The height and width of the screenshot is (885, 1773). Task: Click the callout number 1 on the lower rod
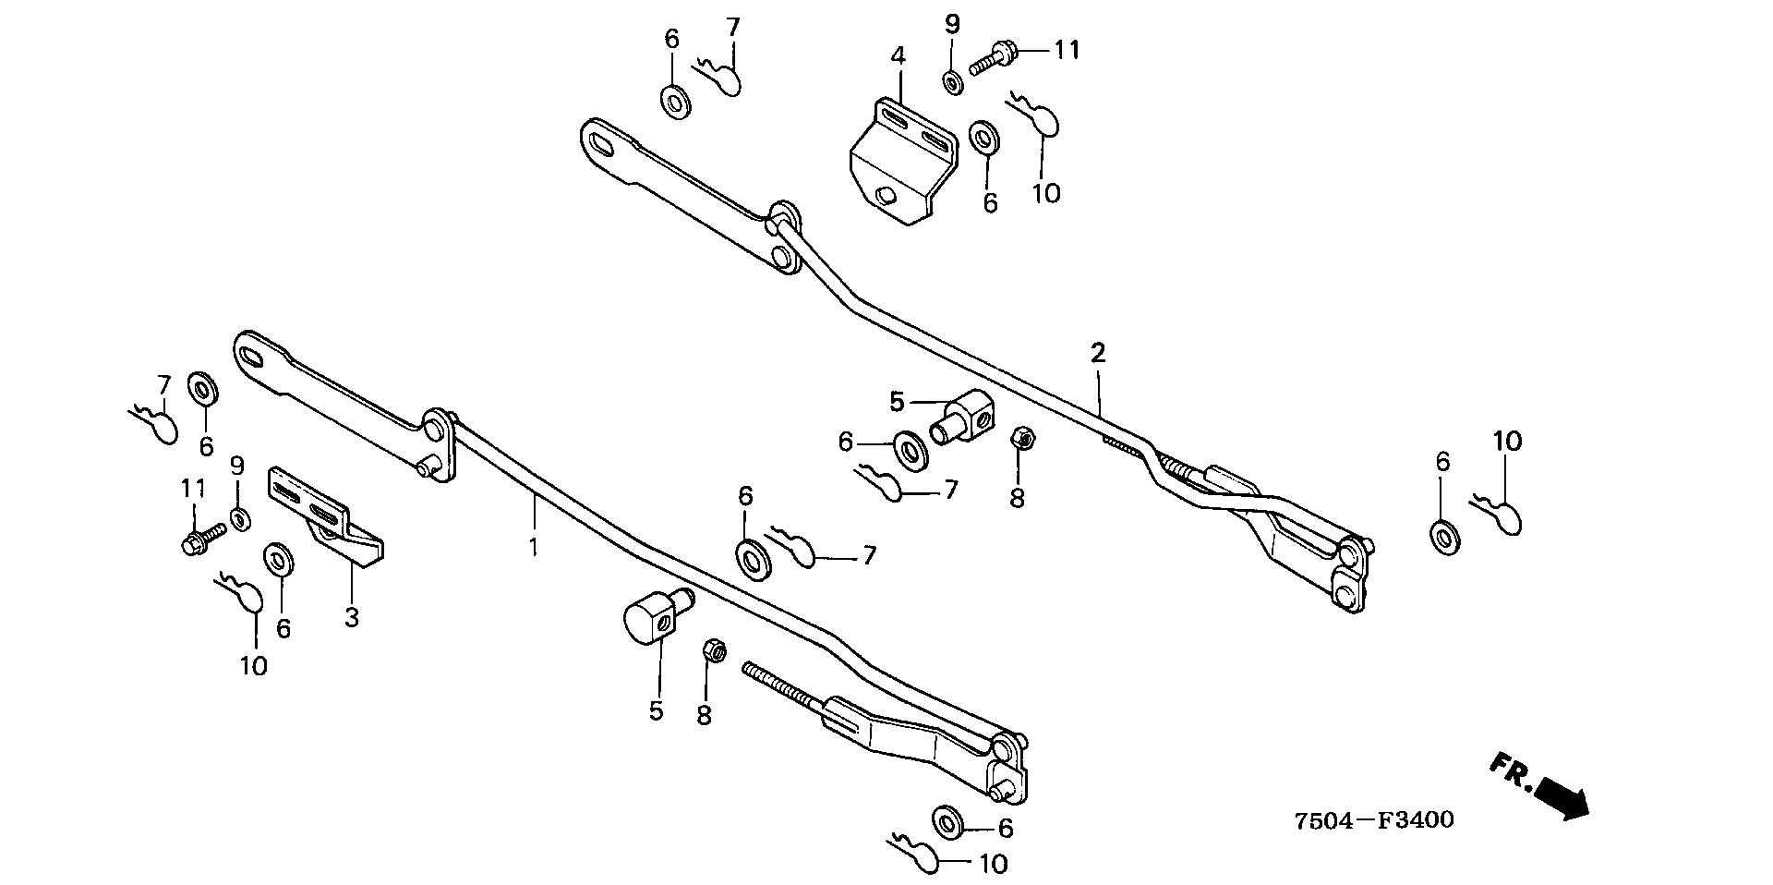[533, 547]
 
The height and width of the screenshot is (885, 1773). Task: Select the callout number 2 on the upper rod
[1097, 353]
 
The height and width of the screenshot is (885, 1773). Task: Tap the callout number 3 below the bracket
[352, 617]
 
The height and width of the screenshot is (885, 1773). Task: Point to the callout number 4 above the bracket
[898, 55]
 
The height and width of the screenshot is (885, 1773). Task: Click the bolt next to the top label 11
[992, 55]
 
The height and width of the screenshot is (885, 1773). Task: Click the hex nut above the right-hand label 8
[1021, 437]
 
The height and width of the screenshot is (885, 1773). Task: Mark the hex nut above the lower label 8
[713, 650]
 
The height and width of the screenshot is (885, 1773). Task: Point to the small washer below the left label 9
[239, 520]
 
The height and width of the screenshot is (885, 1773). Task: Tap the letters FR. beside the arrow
[1510, 772]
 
